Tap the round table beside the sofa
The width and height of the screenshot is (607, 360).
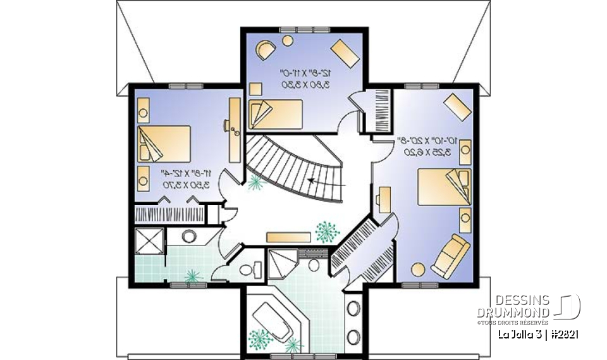pos(418,269)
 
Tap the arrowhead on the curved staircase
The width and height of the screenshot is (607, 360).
pos(309,180)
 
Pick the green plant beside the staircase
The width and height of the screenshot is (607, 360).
pos(255,183)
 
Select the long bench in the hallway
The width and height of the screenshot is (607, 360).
pos(288,237)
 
